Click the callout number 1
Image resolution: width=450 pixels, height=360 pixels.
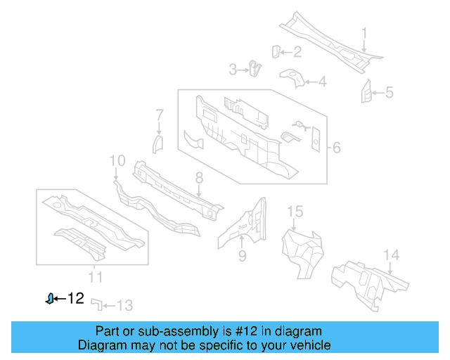[x=364, y=32]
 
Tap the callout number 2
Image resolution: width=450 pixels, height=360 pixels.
[x=297, y=51]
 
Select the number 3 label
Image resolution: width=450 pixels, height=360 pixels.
[x=233, y=69]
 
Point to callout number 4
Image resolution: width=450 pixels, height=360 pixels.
[x=322, y=82]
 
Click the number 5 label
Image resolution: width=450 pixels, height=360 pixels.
[x=389, y=92]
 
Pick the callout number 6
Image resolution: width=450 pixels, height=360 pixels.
[x=336, y=148]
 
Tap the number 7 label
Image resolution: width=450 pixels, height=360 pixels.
[x=160, y=114]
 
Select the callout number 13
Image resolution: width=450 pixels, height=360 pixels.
[x=124, y=305]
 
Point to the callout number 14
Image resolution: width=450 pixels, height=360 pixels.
[x=391, y=255]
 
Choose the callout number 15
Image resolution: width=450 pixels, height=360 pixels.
[x=295, y=211]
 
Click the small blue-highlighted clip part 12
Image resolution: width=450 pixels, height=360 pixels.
[x=49, y=299]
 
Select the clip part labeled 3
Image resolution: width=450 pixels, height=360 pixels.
[x=254, y=68]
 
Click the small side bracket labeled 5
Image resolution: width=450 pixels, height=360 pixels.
[x=366, y=91]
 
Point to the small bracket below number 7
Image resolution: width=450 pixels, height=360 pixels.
[x=158, y=145]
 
